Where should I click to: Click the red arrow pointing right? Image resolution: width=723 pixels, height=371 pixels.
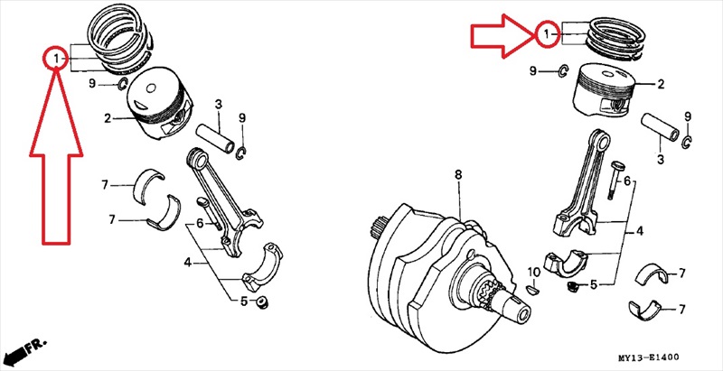(x=499, y=35)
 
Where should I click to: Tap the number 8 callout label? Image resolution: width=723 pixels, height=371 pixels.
(x=458, y=173)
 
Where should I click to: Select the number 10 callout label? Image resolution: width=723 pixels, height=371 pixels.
(x=533, y=272)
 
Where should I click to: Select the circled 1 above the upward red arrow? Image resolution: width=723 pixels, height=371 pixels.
(x=56, y=60)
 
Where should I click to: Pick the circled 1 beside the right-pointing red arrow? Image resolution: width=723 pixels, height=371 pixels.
(x=546, y=35)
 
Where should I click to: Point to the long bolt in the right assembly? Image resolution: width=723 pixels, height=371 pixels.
(x=617, y=180)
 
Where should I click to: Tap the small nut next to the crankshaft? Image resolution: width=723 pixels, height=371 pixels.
(x=573, y=287)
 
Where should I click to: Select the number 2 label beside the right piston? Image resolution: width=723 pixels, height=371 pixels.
(x=661, y=84)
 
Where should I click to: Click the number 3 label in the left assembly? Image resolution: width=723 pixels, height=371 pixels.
(x=218, y=107)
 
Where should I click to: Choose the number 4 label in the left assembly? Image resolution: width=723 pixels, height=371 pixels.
(x=188, y=264)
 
